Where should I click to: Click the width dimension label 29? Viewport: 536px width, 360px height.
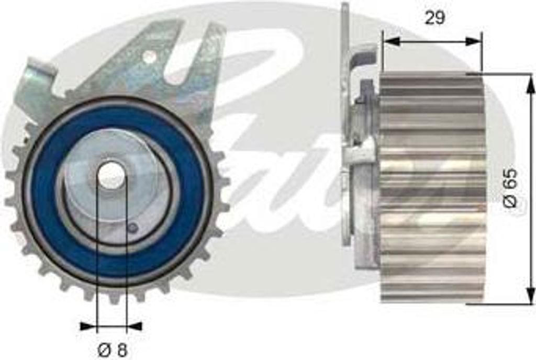click(434, 18)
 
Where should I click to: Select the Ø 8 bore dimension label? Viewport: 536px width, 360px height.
click(112, 350)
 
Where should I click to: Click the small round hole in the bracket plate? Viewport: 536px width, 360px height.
click(149, 56)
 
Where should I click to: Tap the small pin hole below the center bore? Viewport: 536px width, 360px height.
click(133, 227)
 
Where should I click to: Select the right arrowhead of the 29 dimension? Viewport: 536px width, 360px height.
click(473, 41)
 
